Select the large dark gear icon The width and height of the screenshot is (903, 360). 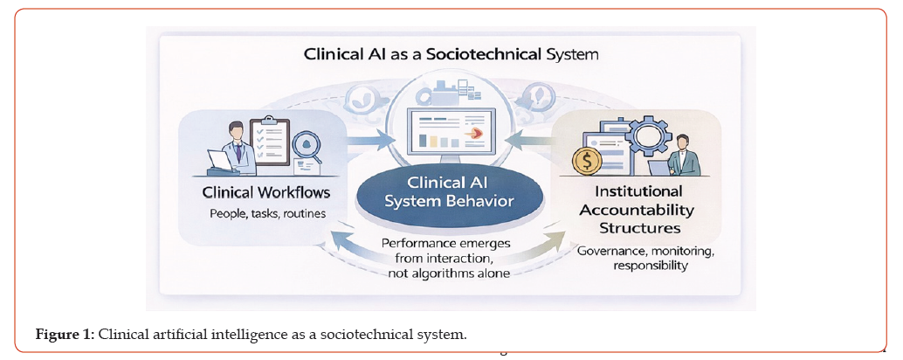tap(647, 138)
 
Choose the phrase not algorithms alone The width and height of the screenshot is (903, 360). tap(450, 273)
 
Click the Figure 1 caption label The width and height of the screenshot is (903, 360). tap(65, 335)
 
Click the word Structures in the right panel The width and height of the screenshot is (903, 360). tap(640, 227)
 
